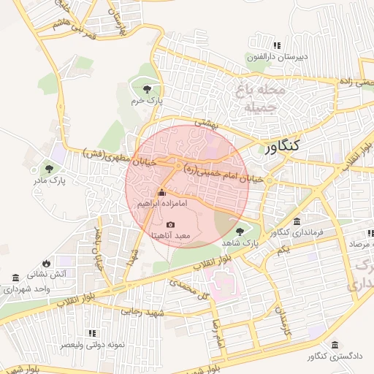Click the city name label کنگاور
point(289,148)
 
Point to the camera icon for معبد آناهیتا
point(170,224)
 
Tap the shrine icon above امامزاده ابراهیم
point(161,193)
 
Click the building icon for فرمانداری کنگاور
point(296,221)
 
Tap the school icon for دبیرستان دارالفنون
point(276,46)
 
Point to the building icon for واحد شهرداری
point(16,278)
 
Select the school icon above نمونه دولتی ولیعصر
point(92,332)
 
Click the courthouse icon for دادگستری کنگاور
point(335,345)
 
